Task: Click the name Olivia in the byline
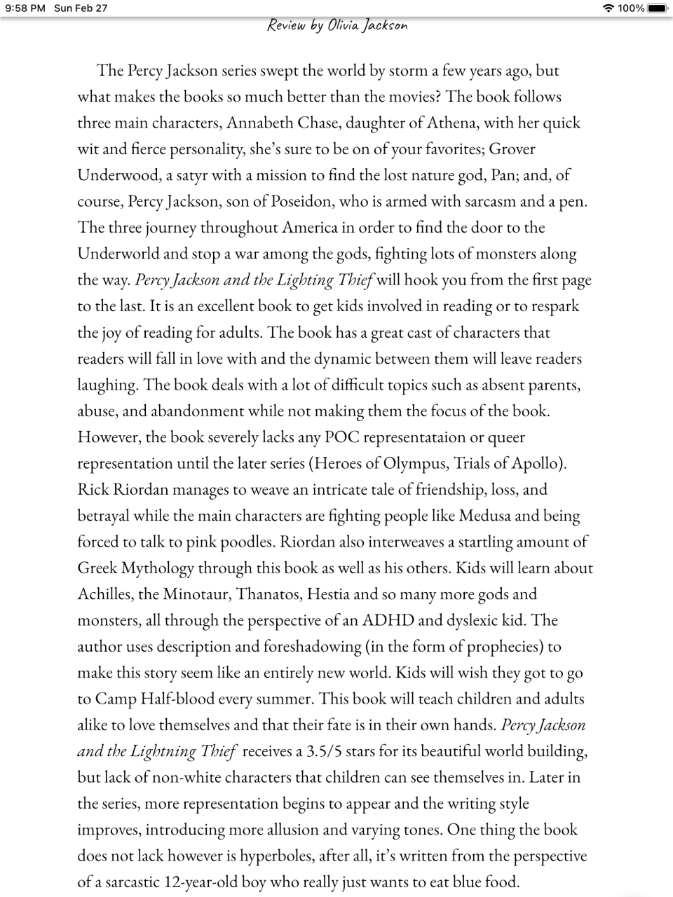tap(343, 26)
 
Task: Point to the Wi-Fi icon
tap(608, 8)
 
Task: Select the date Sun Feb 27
tap(81, 8)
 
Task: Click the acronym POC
tap(342, 437)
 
